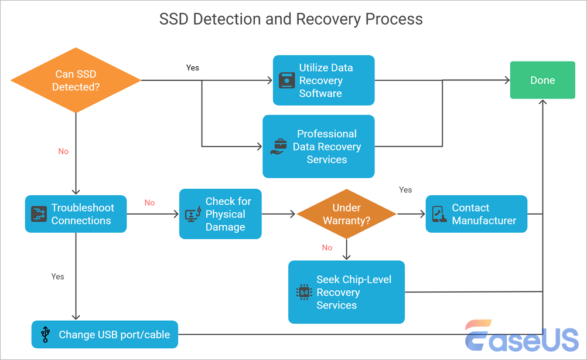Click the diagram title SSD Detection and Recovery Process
point(291,19)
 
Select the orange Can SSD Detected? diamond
point(76,80)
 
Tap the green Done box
point(542,80)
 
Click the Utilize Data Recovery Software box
point(324,80)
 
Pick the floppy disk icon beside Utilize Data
point(286,81)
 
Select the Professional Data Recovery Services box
point(319,147)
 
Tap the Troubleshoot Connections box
point(76,214)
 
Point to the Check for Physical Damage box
point(220,214)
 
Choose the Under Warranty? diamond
point(346,214)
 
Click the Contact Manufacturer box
point(476,214)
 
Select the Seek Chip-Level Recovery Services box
point(346,292)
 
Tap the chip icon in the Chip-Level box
point(303,293)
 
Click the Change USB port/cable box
point(105,335)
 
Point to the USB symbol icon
point(45,335)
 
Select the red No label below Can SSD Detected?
point(63,151)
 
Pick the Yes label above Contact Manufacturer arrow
point(405,190)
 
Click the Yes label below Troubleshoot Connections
point(57,276)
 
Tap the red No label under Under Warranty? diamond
point(327,247)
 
